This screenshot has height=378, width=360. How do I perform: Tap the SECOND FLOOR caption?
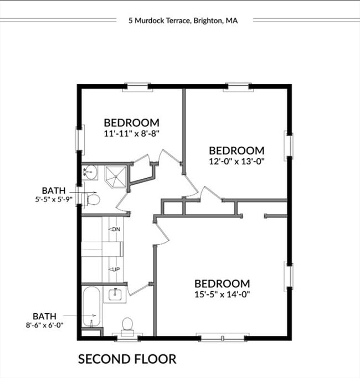click(127, 359)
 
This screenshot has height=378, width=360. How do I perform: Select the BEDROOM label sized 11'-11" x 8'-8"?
click(132, 122)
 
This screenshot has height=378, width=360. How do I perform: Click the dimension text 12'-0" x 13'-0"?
click(236, 162)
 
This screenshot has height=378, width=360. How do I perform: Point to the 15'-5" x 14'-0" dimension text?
click(222, 294)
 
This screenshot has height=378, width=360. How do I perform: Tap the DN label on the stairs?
click(115, 229)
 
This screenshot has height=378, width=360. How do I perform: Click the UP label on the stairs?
click(116, 270)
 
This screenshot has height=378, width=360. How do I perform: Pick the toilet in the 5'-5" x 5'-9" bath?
click(92, 199)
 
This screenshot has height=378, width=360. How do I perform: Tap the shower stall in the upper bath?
click(115, 175)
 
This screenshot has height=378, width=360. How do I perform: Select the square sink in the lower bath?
click(115, 293)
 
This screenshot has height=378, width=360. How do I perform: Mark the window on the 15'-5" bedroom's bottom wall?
click(222, 336)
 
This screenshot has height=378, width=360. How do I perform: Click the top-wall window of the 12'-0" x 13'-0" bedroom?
click(239, 86)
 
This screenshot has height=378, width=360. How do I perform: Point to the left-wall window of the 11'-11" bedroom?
click(79, 138)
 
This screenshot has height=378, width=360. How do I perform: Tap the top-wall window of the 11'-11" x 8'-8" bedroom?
click(137, 86)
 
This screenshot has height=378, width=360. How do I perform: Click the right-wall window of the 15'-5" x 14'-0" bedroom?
click(289, 276)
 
